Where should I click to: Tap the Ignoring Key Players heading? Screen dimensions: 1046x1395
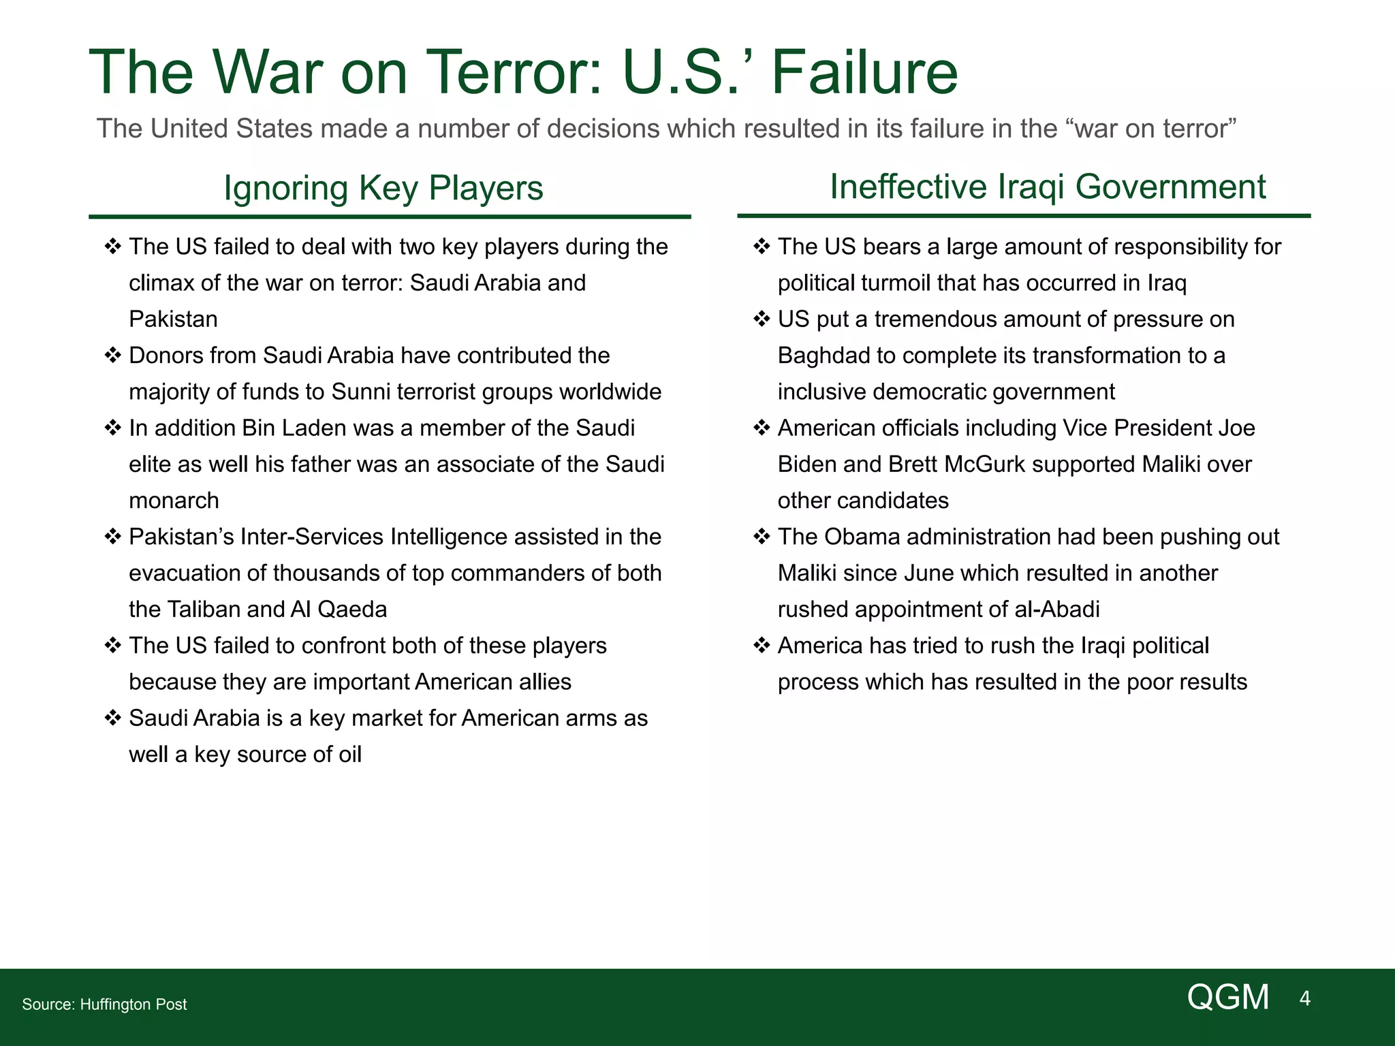click(383, 188)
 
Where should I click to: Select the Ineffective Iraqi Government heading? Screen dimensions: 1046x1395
click(1047, 187)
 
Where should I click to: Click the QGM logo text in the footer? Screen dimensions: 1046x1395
click(1227, 998)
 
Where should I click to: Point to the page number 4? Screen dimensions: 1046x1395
click(1304, 998)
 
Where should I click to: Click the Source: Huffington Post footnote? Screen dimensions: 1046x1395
click(104, 1004)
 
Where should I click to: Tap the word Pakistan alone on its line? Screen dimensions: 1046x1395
click(173, 319)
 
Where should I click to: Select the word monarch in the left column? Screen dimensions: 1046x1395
click(174, 501)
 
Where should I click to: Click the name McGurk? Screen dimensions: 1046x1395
click(992, 464)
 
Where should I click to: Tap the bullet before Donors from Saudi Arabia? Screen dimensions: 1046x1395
click(112, 355)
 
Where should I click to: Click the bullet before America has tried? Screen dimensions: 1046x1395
click(762, 645)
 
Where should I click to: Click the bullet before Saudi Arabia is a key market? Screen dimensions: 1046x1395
click(112, 718)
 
